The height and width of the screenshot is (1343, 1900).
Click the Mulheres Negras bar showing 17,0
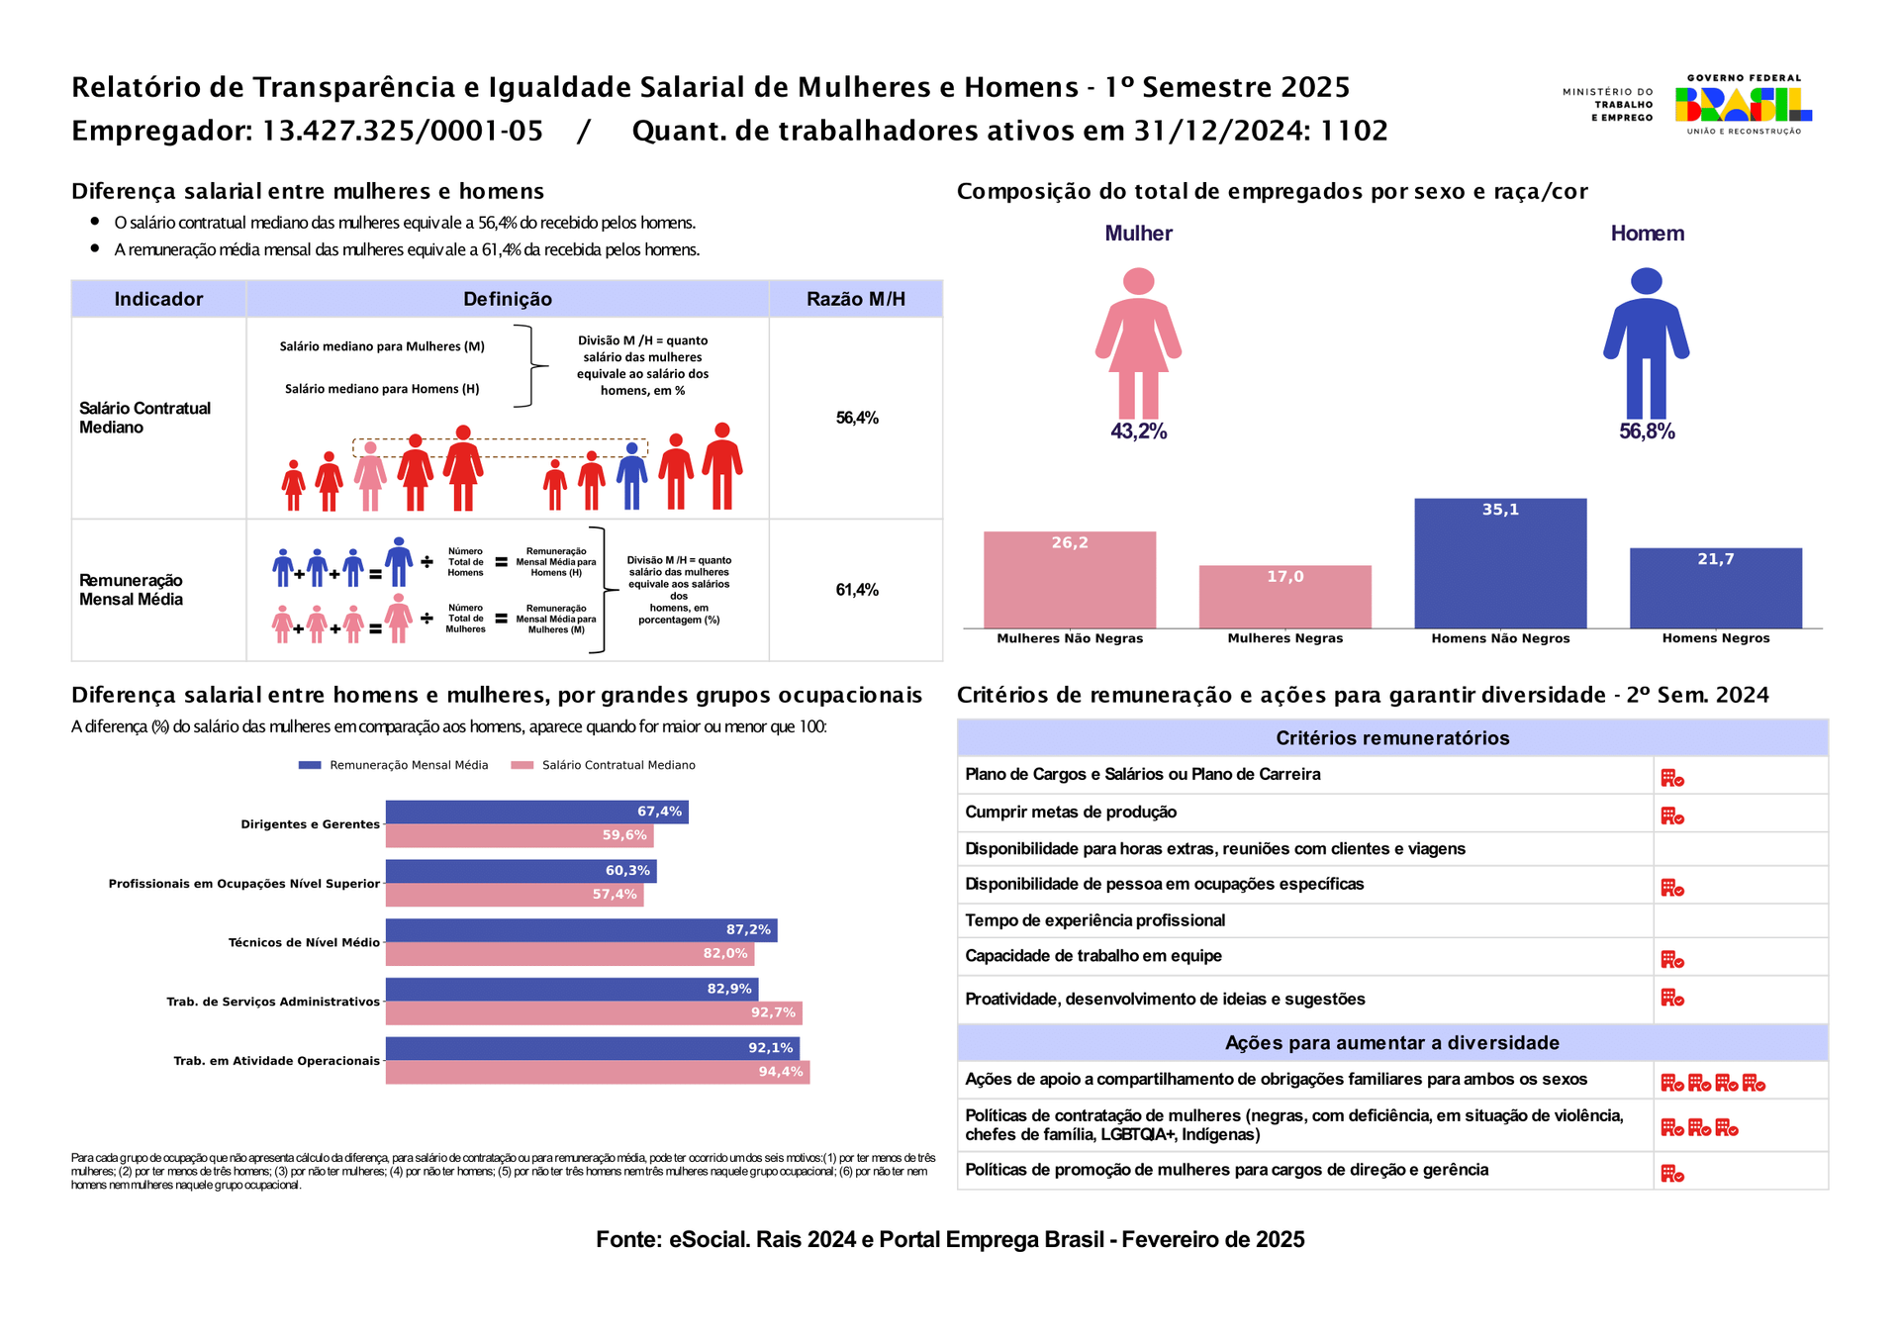pos(1284,597)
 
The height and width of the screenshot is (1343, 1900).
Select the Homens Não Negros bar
pos(1500,563)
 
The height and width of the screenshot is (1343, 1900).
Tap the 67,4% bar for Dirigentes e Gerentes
pos(536,812)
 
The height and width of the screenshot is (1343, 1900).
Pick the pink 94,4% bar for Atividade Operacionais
pos(598,1072)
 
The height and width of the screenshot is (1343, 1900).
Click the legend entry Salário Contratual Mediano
pos(604,765)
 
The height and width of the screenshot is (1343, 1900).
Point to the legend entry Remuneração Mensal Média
pos(394,765)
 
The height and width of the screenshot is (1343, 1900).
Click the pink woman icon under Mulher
pos(1138,342)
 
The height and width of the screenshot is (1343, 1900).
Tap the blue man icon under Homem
pos(1646,342)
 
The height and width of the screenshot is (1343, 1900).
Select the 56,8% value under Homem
pos(1647,432)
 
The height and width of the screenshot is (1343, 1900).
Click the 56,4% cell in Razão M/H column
pos(857,418)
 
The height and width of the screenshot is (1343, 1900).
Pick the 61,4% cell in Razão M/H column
pos(857,590)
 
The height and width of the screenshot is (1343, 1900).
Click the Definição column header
pos(508,299)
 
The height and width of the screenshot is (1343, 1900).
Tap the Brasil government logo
pos(1744,104)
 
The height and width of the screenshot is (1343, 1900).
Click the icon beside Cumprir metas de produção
pos(1672,816)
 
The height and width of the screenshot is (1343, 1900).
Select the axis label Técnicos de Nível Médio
pos(304,942)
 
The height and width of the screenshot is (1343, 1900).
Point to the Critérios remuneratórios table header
pos(1392,738)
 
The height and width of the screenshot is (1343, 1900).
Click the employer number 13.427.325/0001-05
pos(403,131)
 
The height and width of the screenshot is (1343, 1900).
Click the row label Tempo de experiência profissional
pos(1094,920)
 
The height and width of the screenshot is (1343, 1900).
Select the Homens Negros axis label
pos(1716,638)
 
